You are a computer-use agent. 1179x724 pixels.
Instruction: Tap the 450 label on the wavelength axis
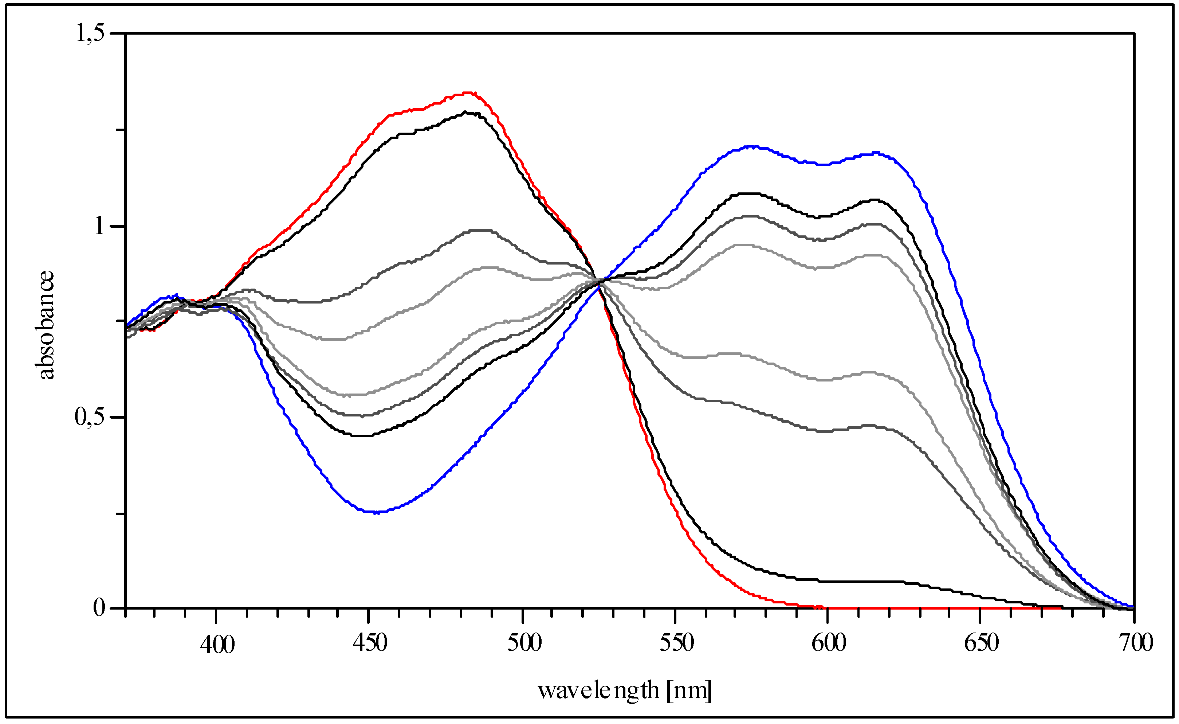tap(370, 643)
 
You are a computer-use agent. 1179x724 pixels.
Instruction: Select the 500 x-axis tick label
tap(524, 643)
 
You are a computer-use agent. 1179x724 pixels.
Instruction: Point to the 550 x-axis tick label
tap(676, 643)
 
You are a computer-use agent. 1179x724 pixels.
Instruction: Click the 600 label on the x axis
tap(829, 643)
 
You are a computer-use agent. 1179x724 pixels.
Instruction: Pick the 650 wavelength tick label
tap(981, 643)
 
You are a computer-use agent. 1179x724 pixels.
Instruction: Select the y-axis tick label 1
tap(99, 226)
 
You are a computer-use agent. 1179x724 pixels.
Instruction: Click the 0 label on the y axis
tap(99, 608)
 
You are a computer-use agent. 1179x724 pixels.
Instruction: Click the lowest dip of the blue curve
tap(376, 512)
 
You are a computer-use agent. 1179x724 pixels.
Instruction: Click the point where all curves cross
tap(599, 282)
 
